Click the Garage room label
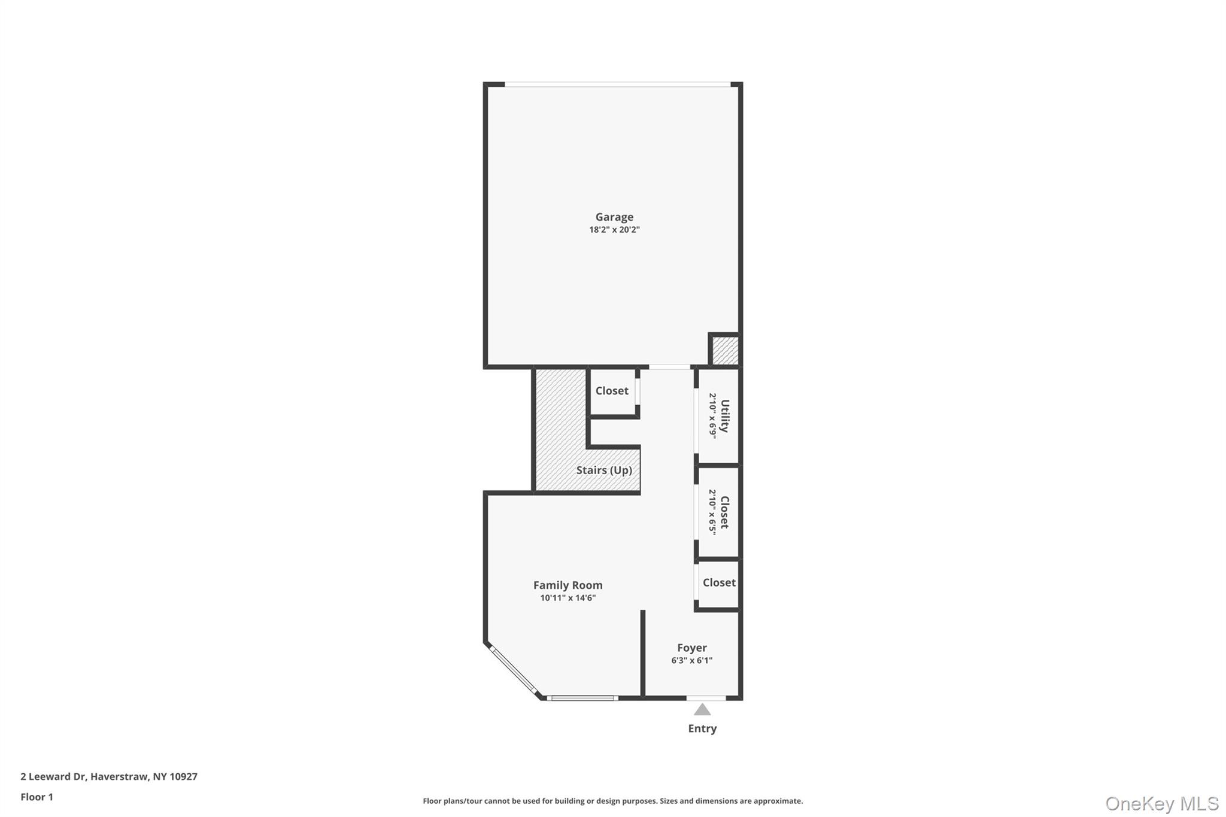[614, 217]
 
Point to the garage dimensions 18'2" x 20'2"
[614, 230]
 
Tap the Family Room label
[568, 585]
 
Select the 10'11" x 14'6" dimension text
[568, 598]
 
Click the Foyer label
[692, 648]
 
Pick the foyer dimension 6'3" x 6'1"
[692, 661]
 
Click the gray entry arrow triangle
[702, 709]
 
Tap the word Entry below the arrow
[702, 728]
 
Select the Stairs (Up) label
[604, 470]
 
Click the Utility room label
[725, 416]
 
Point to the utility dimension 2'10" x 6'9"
[713, 416]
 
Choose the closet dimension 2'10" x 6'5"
[712, 512]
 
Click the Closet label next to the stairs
[612, 391]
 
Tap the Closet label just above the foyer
[719, 582]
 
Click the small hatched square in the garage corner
[725, 350]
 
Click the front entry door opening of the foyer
[706, 698]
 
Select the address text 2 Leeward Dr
[53, 776]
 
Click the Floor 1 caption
[37, 797]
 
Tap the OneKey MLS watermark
[1162, 803]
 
